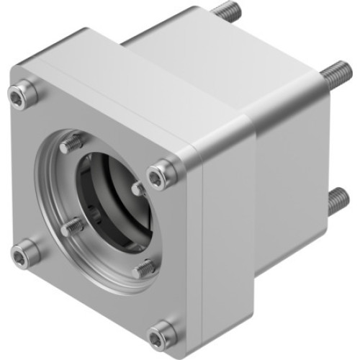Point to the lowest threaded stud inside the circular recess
tap(144, 268)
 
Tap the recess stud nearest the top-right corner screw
tap(139, 189)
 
